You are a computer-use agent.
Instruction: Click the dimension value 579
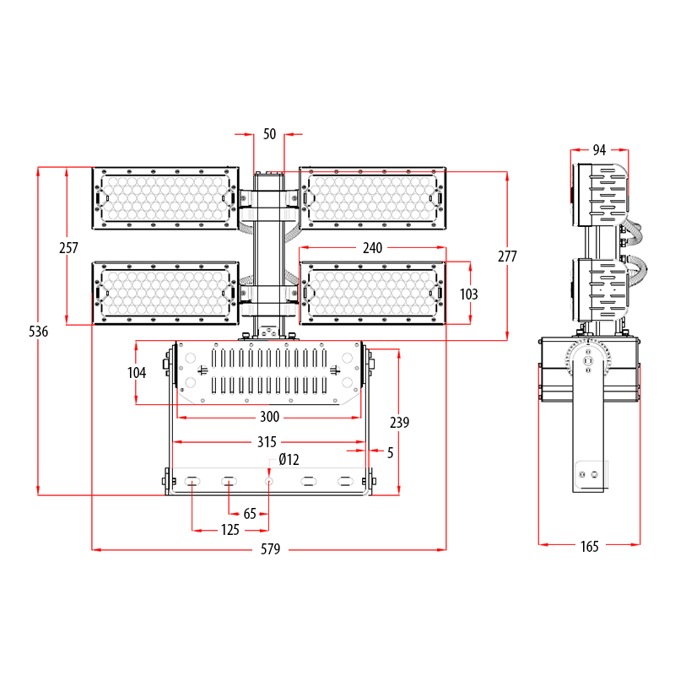[270, 549]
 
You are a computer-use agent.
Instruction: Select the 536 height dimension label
[38, 332]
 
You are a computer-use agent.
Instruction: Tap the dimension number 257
[67, 248]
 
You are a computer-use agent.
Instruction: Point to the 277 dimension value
[507, 256]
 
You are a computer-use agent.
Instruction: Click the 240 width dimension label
[372, 248]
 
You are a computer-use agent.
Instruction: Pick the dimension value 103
[469, 294]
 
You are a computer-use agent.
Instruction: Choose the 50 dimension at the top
[269, 133]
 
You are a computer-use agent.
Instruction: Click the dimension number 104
[137, 373]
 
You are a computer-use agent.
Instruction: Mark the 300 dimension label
[269, 417]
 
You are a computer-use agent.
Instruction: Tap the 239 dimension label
[399, 423]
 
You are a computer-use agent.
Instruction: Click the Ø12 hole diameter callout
[289, 459]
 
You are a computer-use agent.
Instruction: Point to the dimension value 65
[250, 513]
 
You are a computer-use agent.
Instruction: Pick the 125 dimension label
[229, 530]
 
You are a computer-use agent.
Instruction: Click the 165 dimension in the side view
[589, 547]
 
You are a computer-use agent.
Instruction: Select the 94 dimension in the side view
[599, 150]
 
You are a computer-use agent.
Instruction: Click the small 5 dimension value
[390, 452]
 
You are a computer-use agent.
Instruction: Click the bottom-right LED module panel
[373, 292]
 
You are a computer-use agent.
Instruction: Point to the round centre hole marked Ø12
[268, 481]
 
